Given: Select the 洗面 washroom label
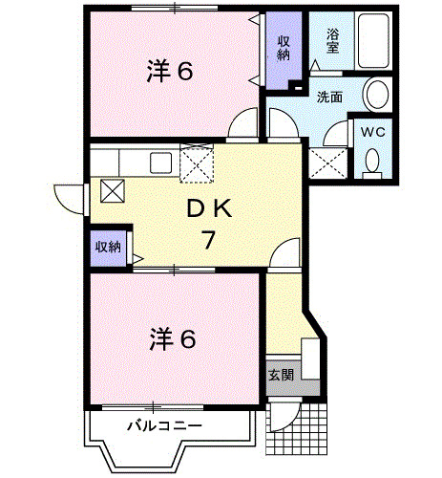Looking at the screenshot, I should pos(330,96).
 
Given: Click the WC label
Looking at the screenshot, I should pos(371,133).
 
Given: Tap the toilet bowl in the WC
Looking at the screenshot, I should pos(372,164).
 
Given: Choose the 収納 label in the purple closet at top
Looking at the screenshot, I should pos(284,48).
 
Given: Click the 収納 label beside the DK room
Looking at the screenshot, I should pos(107,246).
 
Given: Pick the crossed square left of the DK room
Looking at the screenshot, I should pos(112,191).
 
